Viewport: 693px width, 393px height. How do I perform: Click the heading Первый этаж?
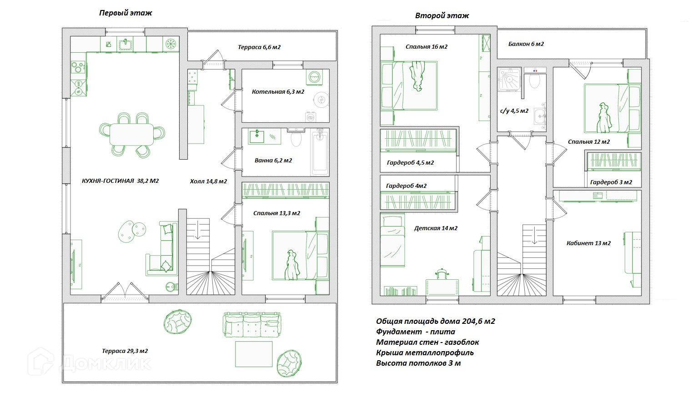click(126, 13)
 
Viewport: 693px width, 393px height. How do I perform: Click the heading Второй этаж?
click(442, 15)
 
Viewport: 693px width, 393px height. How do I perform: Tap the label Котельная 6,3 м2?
click(278, 92)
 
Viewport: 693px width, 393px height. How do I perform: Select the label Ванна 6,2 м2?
click(273, 161)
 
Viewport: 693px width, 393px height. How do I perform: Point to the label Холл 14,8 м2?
click(208, 181)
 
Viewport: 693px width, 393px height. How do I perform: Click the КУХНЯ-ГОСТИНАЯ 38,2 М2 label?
click(120, 181)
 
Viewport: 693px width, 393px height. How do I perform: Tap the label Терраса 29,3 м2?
click(125, 351)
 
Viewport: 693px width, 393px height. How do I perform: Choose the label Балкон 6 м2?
click(526, 44)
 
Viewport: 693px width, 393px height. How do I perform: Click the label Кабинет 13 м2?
click(588, 243)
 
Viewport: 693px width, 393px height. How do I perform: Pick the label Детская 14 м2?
click(436, 228)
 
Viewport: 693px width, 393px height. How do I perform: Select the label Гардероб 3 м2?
click(611, 182)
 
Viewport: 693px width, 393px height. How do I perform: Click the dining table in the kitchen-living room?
click(132, 134)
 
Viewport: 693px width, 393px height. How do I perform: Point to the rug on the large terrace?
click(254, 354)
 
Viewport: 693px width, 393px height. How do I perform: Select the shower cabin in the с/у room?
click(509, 80)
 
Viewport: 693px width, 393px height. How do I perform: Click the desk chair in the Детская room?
click(442, 274)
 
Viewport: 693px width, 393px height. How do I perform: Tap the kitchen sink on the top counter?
click(125, 44)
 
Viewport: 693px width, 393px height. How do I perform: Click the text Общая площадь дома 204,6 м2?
click(435, 322)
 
